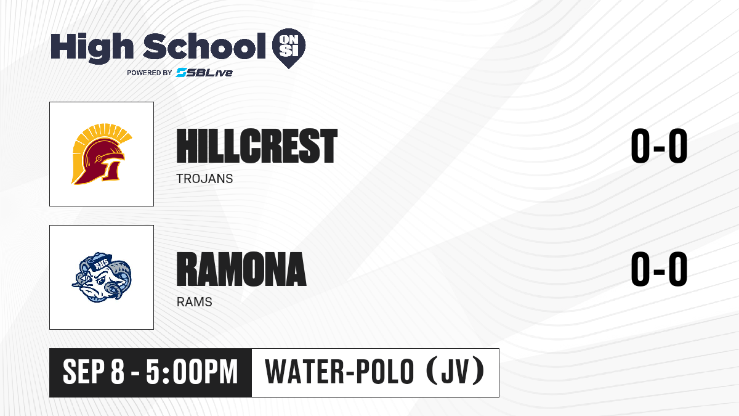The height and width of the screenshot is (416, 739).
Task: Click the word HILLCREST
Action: pos(257,146)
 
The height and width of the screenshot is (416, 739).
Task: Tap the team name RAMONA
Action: pos(241,269)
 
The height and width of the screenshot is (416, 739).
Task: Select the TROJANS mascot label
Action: pos(204,179)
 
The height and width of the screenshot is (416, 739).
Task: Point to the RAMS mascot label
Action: pos(195,302)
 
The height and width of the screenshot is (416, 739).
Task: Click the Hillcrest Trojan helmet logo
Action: pos(102,154)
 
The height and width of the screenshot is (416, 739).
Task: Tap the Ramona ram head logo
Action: pos(102,277)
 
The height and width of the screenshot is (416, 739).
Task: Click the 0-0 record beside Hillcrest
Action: pos(659,146)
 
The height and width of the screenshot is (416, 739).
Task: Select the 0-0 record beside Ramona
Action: pos(659,269)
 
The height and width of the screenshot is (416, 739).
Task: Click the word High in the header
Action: pos(92,48)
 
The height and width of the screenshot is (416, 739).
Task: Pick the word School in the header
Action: pos(204,46)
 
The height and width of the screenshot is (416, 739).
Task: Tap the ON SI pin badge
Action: pos(289,48)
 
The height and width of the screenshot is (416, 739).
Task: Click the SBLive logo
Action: pos(204,73)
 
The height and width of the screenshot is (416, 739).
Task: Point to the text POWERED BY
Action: pos(150,73)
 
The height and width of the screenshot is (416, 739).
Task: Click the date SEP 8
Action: pos(94,372)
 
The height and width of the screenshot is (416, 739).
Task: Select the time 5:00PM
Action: pos(192,372)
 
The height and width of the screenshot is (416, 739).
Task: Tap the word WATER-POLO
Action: pos(339,372)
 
